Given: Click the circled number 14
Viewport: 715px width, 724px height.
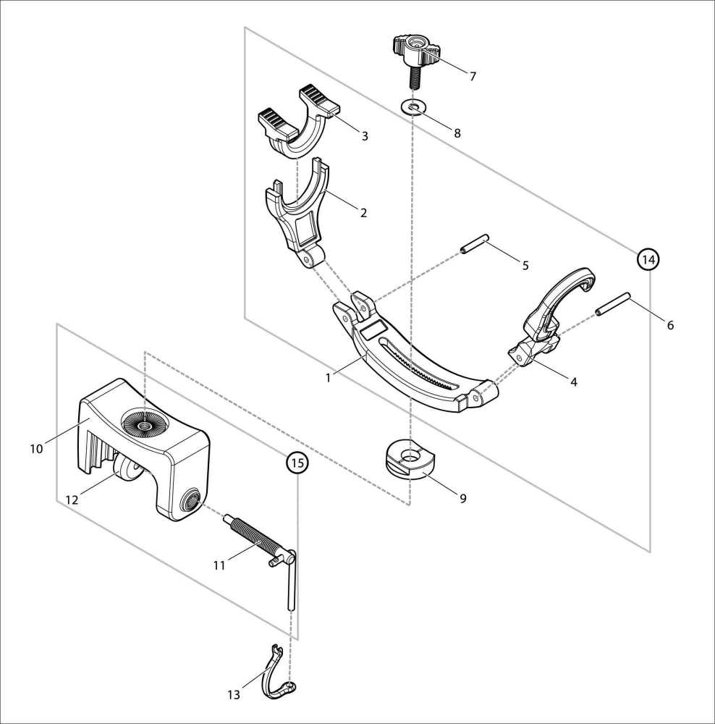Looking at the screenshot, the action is pos(648,259).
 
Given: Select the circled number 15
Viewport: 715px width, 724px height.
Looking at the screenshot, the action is pos(297,462).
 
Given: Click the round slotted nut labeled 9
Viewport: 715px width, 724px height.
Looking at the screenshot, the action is pos(410,459).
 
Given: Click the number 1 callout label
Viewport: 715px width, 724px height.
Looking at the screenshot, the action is pos(328,378).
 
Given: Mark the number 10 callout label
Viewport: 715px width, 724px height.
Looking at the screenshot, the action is pos(36,448).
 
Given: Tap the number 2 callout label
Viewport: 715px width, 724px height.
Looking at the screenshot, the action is pos(364,213).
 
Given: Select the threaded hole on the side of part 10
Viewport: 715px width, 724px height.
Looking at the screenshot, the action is pos(190,500).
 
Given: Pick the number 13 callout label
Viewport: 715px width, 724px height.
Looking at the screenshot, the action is pos(234,694).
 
